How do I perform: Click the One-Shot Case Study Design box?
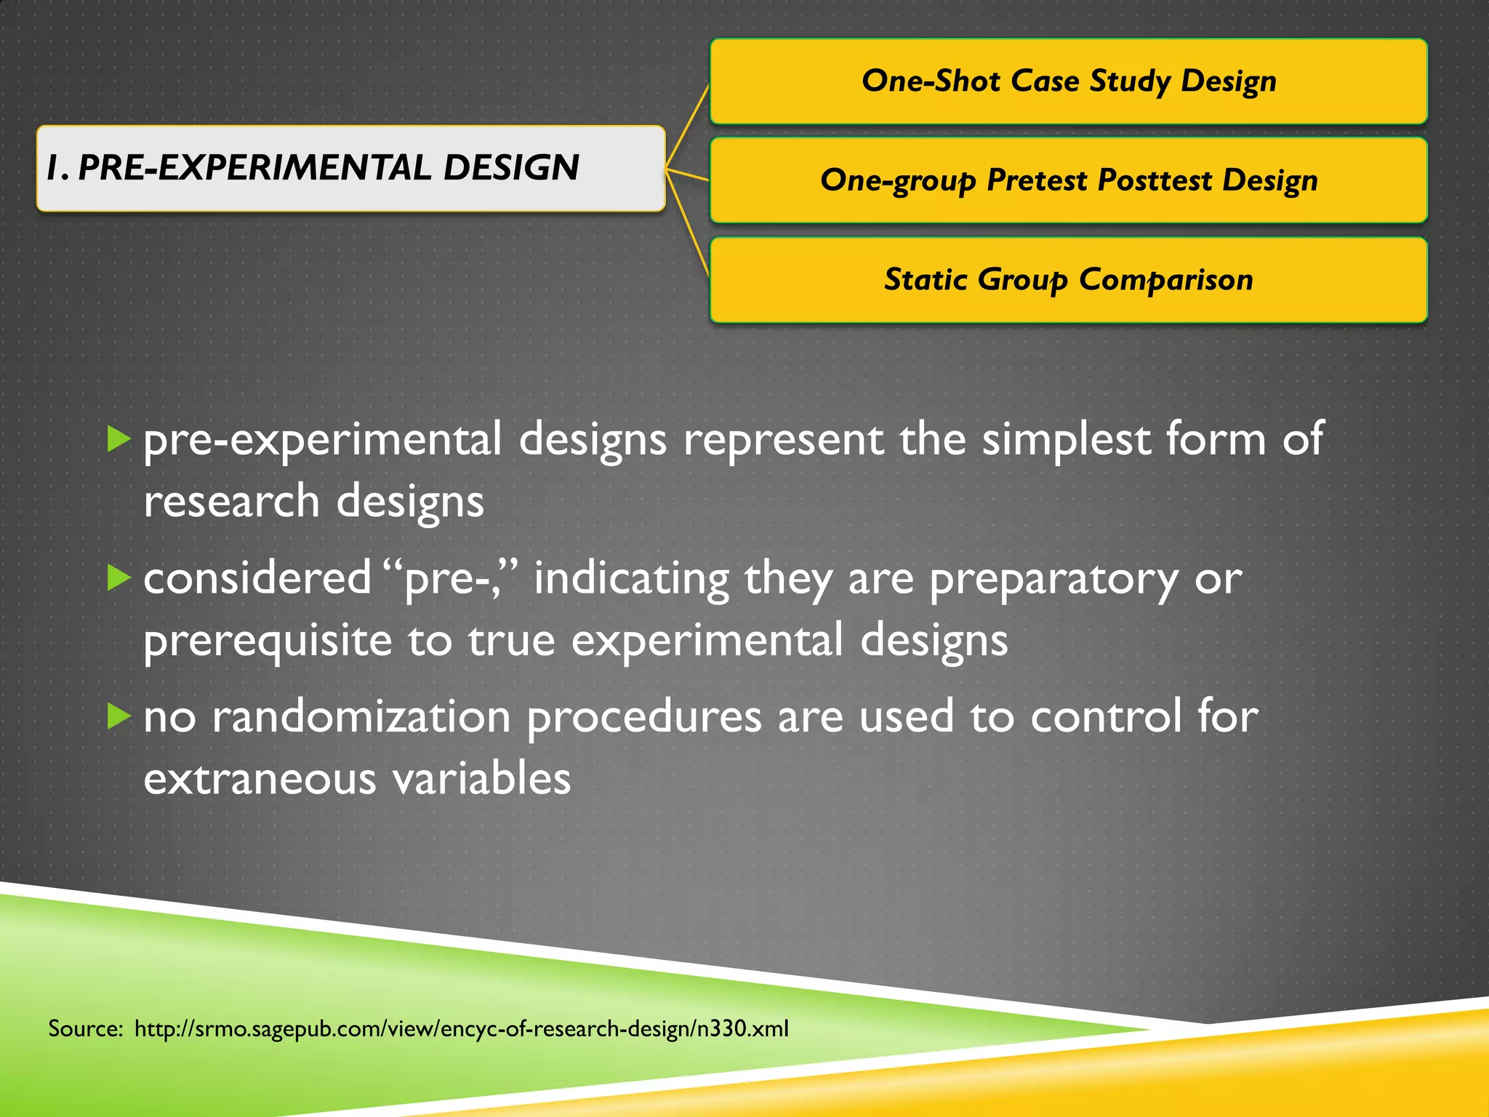point(1068,81)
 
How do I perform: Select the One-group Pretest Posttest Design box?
point(1068,180)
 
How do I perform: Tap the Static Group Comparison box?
point(1068,280)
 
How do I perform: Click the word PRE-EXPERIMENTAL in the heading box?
point(254,168)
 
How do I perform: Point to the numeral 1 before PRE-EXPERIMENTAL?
point(53,168)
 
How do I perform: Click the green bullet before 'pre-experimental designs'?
point(119,439)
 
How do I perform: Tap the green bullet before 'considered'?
point(119,578)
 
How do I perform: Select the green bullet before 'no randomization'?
point(119,716)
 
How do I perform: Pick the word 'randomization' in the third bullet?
point(361,717)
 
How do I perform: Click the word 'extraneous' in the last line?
point(260,779)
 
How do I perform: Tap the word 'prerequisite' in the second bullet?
point(268,641)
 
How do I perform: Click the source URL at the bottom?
point(461,1029)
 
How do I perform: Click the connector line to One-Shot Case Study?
point(688,124)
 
